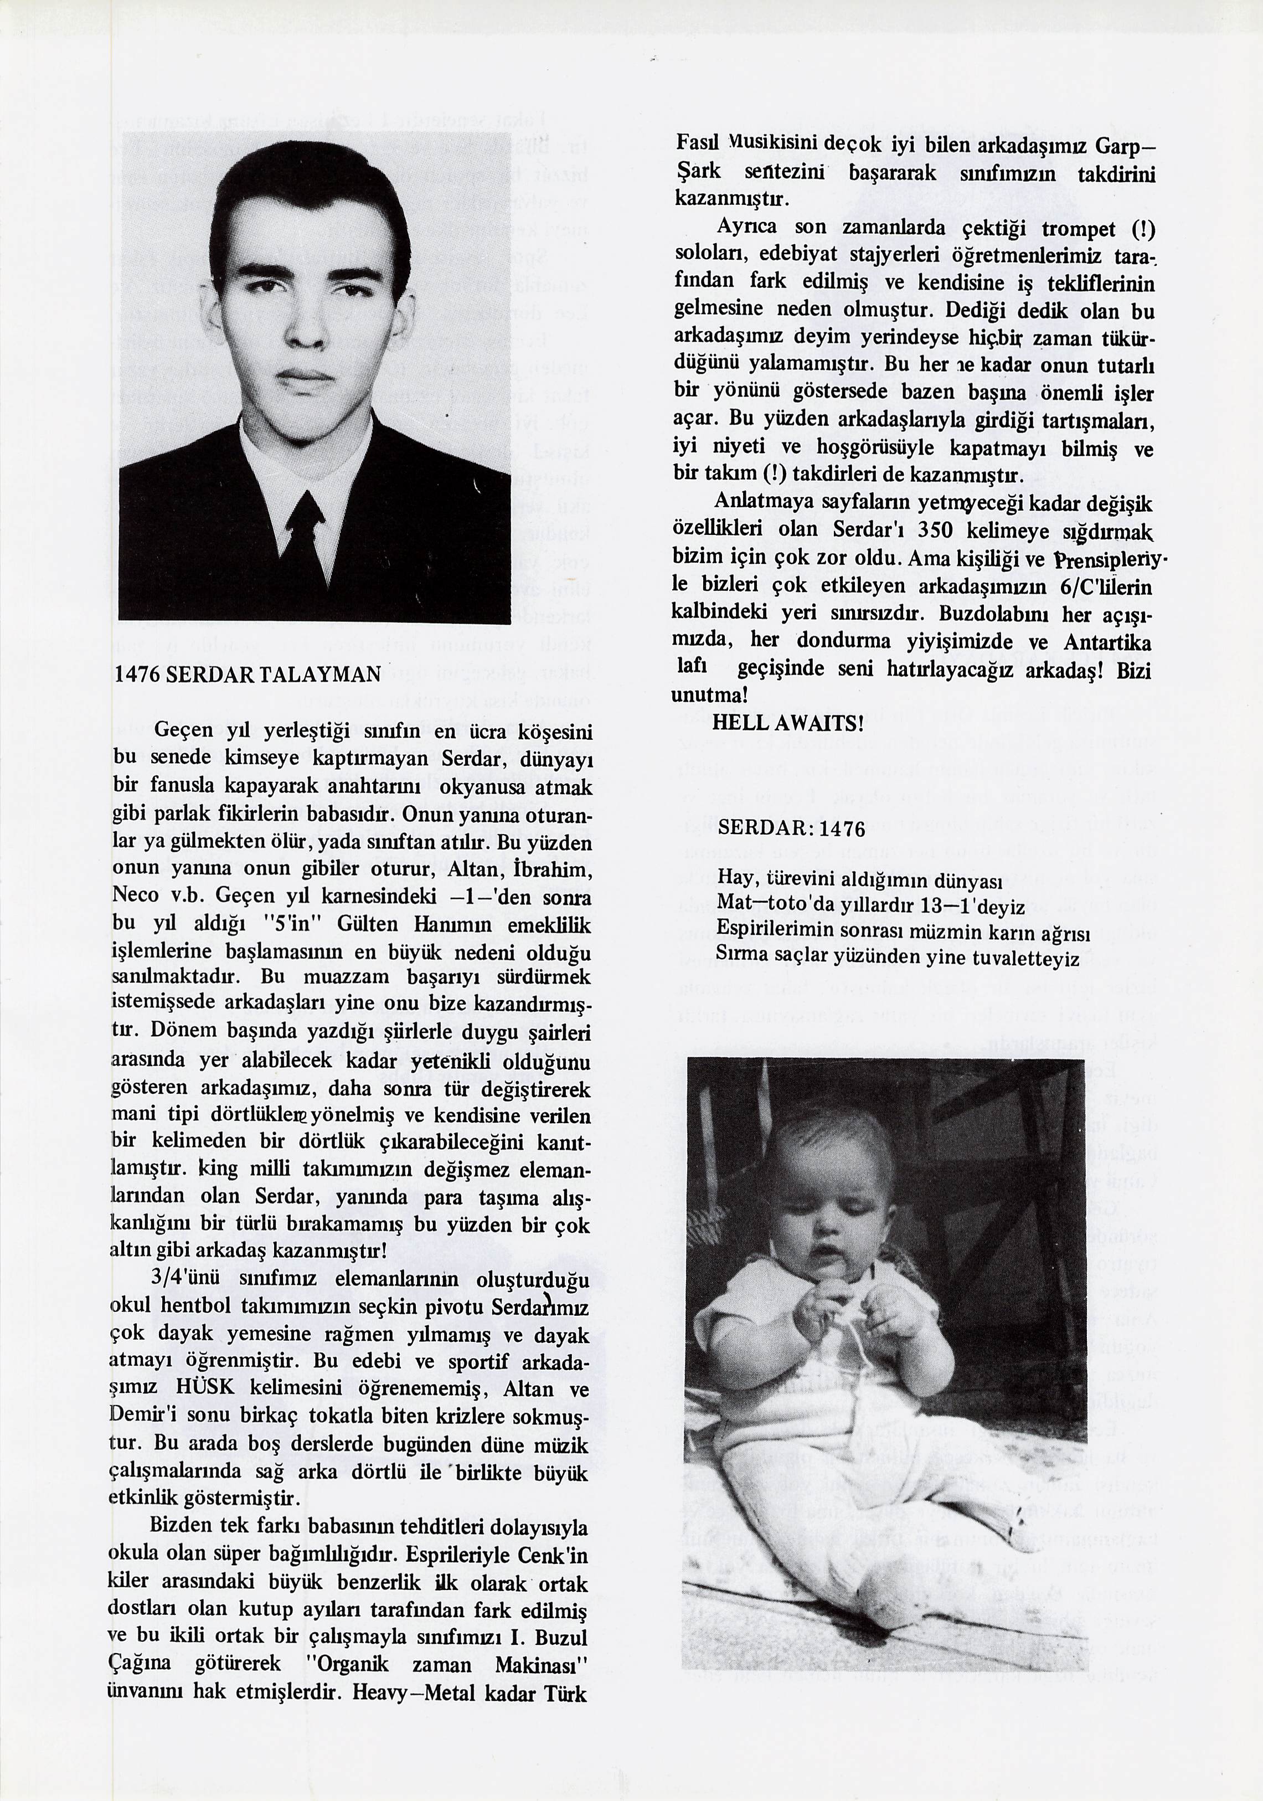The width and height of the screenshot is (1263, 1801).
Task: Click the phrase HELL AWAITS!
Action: coord(787,723)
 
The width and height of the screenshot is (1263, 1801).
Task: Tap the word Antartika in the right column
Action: coord(1107,642)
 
